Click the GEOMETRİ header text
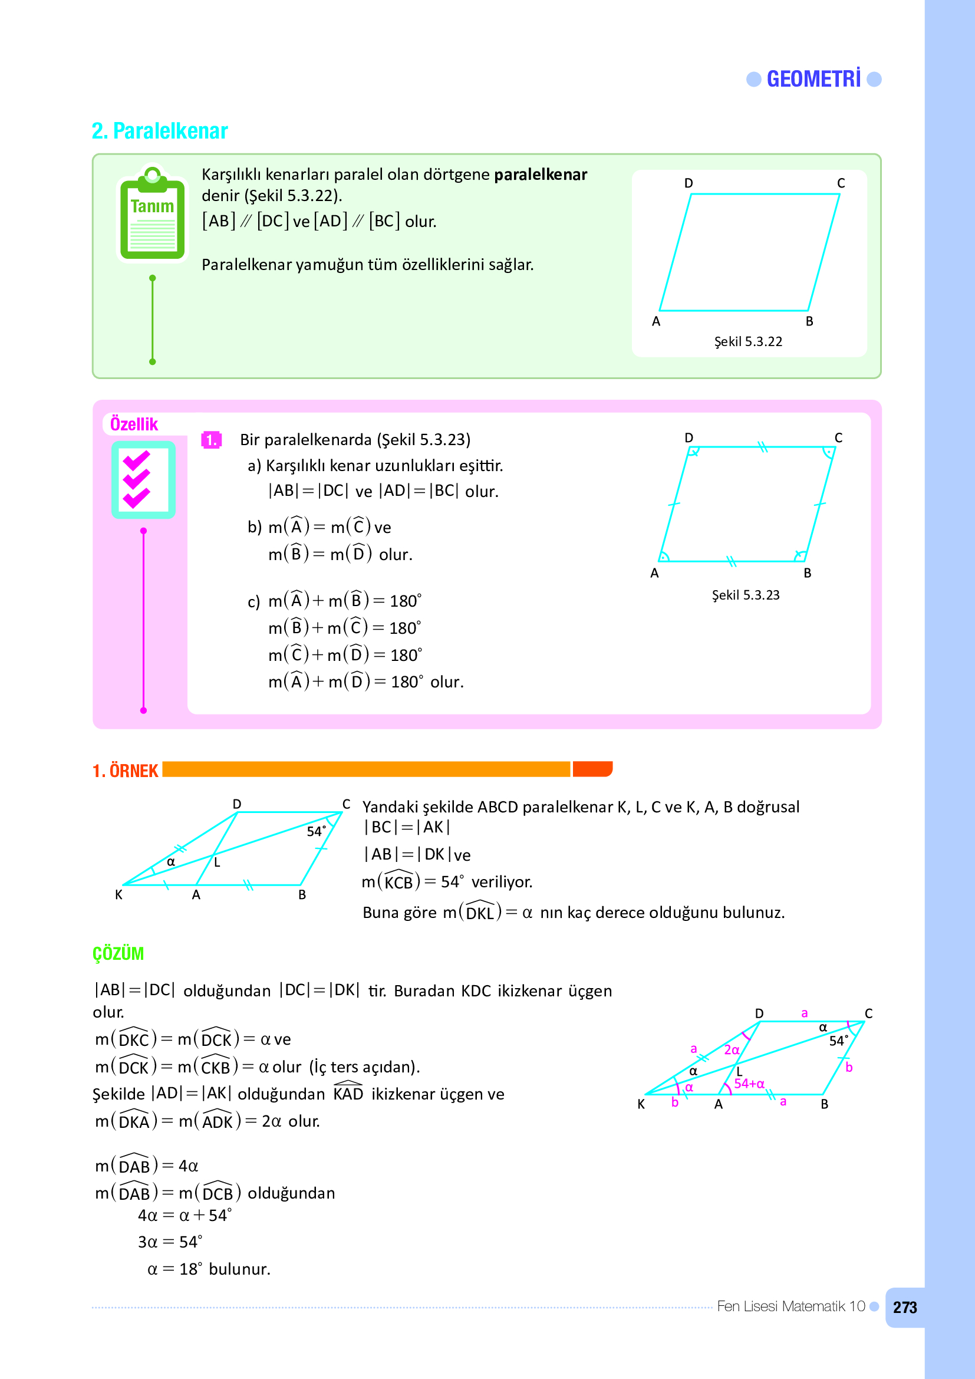tap(813, 79)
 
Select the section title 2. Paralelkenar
tap(160, 131)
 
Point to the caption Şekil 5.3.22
tap(747, 342)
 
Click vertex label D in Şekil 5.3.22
tap(689, 183)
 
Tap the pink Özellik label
tap(134, 424)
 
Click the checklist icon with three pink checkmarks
tap(143, 480)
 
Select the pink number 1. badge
tap(210, 440)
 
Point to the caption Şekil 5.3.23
tap(745, 595)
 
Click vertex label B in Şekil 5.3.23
tap(808, 573)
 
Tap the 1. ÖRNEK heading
tap(125, 771)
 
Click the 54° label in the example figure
tap(316, 831)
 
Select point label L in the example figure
tap(218, 863)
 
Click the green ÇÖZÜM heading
tap(118, 953)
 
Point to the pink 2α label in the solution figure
tap(731, 1050)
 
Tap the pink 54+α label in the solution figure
tap(749, 1084)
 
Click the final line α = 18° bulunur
tap(209, 1269)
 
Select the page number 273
tap(904, 1308)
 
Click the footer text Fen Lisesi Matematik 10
tap(790, 1306)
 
